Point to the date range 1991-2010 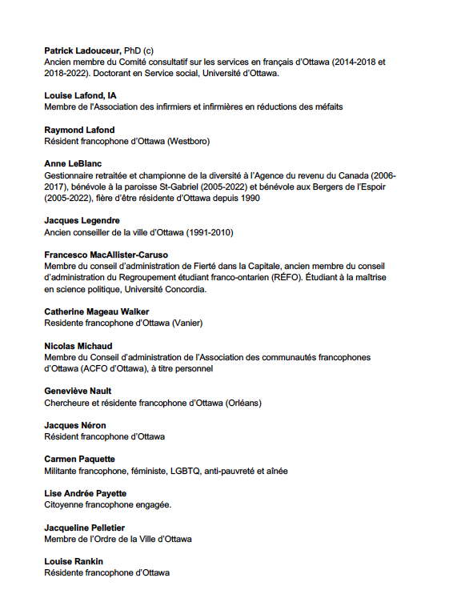coord(207,232)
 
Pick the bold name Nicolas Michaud coord(78,346)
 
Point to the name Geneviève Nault coord(78,391)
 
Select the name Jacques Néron coord(74,425)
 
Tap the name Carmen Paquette coord(79,460)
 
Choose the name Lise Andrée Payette coord(85,493)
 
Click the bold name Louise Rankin coord(74,561)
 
